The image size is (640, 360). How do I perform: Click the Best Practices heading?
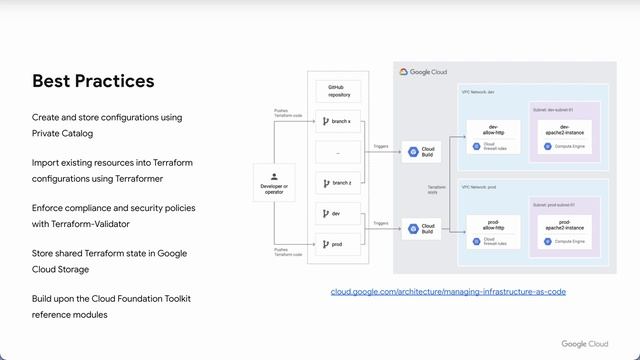pyautogui.click(x=93, y=81)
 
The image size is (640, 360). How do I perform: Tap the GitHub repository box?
pyautogui.click(x=336, y=92)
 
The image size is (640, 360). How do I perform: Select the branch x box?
pyautogui.click(x=336, y=122)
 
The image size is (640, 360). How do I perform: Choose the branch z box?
pyautogui.click(x=336, y=183)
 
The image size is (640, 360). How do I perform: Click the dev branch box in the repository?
pyautogui.click(x=336, y=213)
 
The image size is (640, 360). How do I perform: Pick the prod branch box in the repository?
pyautogui.click(x=336, y=243)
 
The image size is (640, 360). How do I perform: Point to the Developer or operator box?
pyautogui.click(x=273, y=182)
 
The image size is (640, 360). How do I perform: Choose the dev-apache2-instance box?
pyautogui.click(x=564, y=135)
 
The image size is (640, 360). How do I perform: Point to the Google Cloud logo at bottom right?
pyautogui.click(x=584, y=344)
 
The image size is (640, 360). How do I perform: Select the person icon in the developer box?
pyautogui.click(x=273, y=175)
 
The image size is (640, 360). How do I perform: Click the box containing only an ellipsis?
pyautogui.click(x=336, y=153)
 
